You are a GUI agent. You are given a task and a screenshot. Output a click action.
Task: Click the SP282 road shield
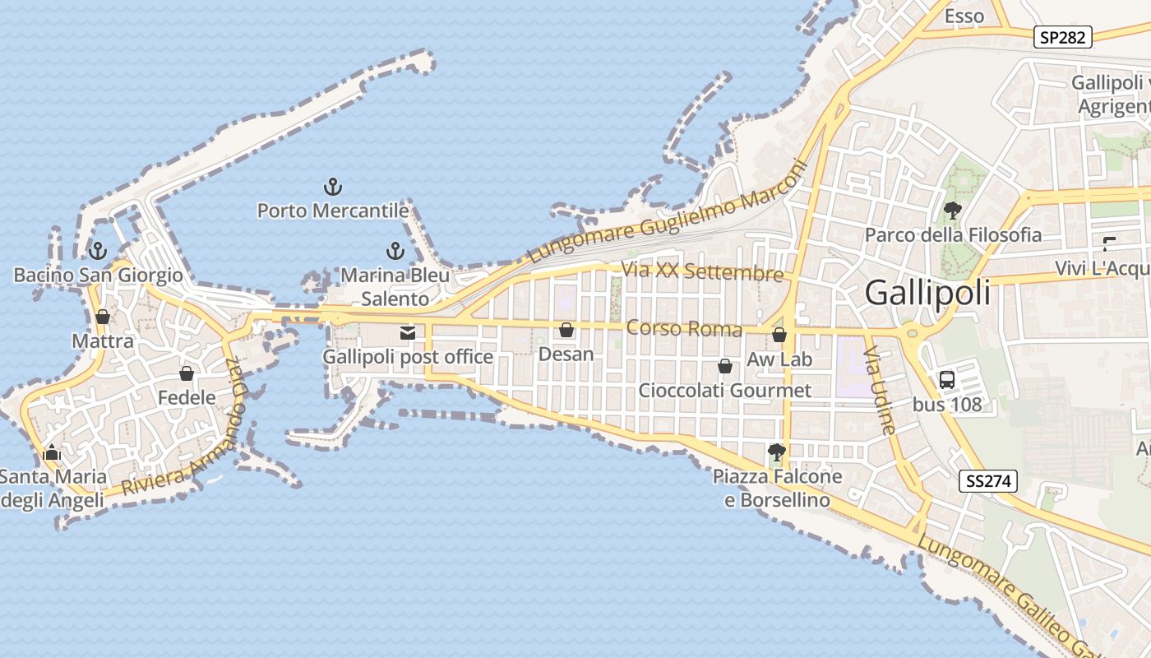(1063, 37)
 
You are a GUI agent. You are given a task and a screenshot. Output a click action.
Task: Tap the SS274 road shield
(987, 481)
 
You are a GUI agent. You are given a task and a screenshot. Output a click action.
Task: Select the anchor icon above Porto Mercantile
(333, 187)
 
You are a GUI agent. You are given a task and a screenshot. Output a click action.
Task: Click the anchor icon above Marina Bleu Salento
(395, 251)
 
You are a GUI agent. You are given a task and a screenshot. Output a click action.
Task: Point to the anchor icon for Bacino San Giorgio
(98, 251)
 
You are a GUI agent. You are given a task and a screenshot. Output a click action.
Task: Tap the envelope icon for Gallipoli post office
(408, 333)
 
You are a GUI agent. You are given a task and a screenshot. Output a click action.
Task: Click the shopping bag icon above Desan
(566, 331)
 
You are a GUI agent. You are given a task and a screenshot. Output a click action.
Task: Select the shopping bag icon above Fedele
(187, 374)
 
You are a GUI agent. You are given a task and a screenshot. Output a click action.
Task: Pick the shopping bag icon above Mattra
(103, 317)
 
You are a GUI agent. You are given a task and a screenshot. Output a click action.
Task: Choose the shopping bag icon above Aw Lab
(779, 336)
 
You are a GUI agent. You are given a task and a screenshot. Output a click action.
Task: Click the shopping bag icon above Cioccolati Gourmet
(725, 366)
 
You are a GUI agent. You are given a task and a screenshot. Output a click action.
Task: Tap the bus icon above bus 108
(947, 380)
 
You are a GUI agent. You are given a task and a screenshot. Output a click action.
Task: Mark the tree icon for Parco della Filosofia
(953, 211)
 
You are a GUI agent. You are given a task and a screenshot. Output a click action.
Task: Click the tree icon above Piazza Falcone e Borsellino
(776, 452)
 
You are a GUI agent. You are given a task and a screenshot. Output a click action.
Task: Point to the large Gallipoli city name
(928, 294)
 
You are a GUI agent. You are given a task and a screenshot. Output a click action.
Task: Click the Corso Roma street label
(684, 329)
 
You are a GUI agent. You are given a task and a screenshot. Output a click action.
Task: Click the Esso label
(964, 16)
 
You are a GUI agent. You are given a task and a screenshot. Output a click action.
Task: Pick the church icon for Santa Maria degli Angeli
(52, 452)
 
